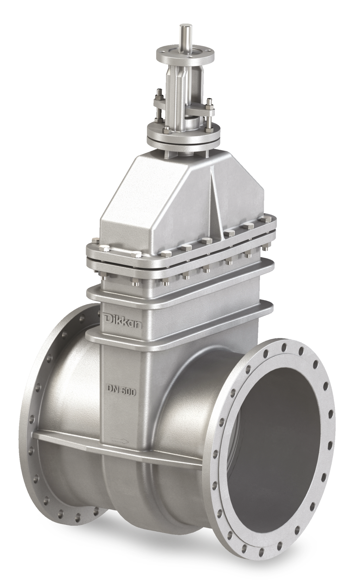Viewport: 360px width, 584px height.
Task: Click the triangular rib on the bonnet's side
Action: [x=216, y=204]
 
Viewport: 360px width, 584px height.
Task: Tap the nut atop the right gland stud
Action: [x=210, y=102]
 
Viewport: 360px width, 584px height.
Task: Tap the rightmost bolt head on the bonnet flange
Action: [x=263, y=221]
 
